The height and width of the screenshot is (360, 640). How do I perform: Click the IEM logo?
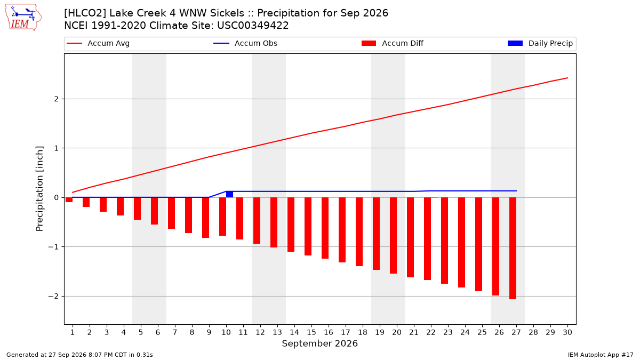23,18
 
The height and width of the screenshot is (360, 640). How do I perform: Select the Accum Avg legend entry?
98,43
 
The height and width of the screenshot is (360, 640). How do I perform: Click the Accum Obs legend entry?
245,43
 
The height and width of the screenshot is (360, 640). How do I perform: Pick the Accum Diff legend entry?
393,43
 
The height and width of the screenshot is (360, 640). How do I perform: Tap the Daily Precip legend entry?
540,43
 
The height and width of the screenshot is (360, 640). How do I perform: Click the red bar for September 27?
513,249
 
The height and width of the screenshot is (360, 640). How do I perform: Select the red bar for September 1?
69,199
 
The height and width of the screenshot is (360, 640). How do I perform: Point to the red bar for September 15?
308,226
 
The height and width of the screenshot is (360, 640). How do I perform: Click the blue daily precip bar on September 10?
229,194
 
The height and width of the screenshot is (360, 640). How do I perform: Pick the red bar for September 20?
394,235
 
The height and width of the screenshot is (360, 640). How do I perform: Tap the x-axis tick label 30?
567,332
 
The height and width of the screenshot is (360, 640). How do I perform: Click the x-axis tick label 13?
277,332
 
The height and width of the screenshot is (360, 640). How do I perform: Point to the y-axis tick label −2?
53,297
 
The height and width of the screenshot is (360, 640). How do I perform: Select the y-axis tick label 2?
57,99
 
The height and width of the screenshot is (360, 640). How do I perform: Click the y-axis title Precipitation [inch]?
39,189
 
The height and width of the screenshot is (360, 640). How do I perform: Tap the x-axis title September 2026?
319,343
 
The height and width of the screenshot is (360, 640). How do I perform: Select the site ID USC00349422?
253,26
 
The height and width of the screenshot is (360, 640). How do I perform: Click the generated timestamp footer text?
79,355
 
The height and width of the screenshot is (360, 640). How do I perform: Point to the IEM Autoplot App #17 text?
601,355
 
